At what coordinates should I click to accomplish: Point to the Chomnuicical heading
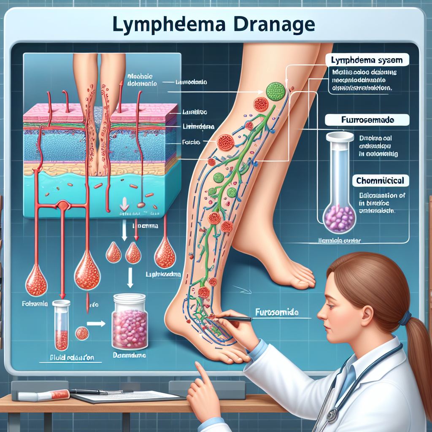[380, 181]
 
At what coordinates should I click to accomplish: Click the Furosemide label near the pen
[276, 313]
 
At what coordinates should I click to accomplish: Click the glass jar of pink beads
[130, 322]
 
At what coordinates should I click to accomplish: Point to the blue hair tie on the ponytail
[405, 318]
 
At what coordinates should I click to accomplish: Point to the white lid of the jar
[130, 298]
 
